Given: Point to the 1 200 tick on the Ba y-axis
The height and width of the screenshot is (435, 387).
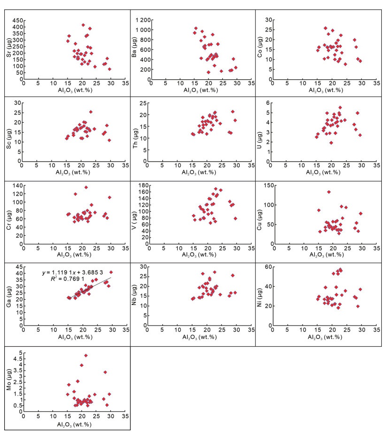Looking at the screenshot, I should tap(138, 20).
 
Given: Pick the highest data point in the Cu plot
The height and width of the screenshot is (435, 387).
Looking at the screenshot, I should tap(328, 192).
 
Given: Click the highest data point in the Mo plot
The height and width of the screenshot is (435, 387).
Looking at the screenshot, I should tap(86, 356).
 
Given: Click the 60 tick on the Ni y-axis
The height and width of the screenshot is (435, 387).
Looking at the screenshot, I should tap(269, 267).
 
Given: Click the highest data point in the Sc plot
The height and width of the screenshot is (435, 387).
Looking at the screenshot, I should tap(91, 112).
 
